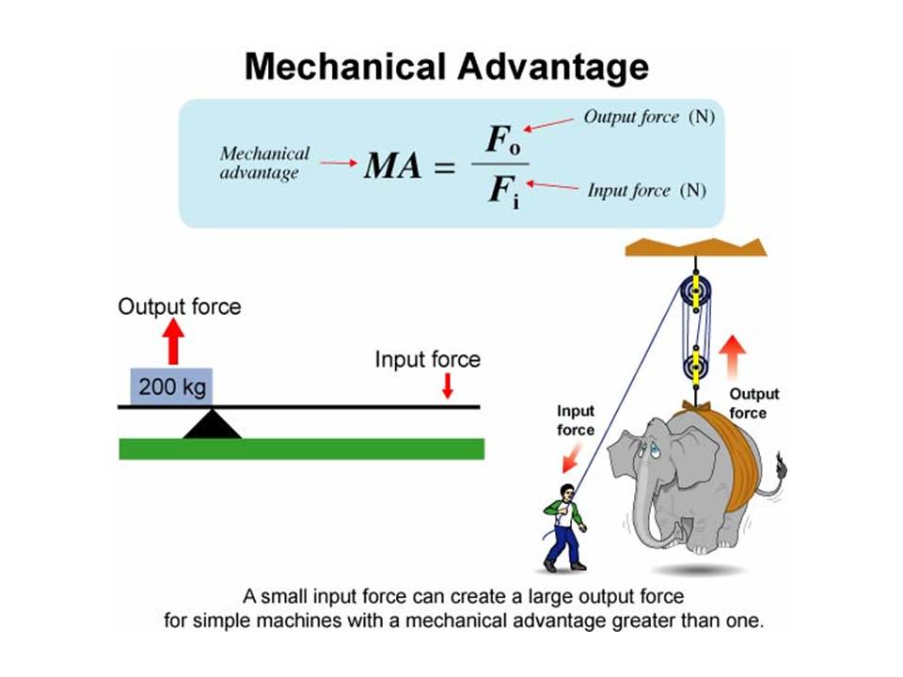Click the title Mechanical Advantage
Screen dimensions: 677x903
click(446, 68)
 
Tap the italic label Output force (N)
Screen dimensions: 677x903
click(643, 118)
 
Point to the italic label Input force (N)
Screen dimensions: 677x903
click(645, 191)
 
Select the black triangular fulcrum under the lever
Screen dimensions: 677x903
click(212, 424)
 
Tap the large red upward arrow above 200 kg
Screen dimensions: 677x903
click(172, 342)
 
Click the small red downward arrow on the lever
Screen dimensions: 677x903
click(448, 386)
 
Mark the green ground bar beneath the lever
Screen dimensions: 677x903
click(301, 449)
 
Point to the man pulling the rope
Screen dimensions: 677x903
click(564, 527)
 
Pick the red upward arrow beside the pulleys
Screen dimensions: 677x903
click(735, 358)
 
